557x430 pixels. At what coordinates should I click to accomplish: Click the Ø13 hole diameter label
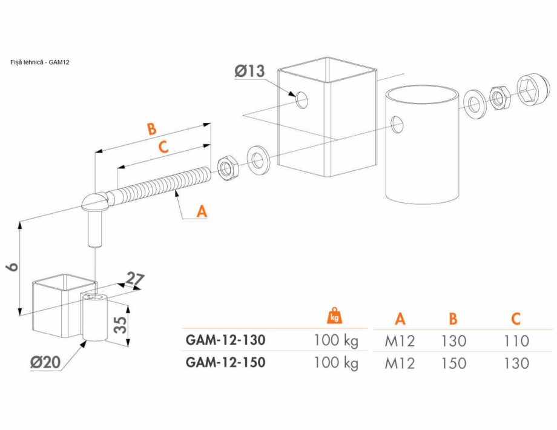pyautogui.click(x=249, y=72)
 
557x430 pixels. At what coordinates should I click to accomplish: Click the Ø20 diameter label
pyautogui.click(x=45, y=363)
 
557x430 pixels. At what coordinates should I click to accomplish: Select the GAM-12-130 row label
pyautogui.click(x=225, y=340)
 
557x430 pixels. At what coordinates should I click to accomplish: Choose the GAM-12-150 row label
pyautogui.click(x=225, y=362)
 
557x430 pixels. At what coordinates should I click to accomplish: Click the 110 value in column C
pyautogui.click(x=515, y=341)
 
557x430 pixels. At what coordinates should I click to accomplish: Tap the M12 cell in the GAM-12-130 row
pyautogui.click(x=400, y=341)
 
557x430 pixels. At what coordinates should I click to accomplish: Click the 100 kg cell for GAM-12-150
pyautogui.click(x=336, y=363)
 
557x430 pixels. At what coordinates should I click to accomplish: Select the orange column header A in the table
pyautogui.click(x=400, y=319)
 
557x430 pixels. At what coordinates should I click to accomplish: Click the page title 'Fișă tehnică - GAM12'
pyautogui.click(x=40, y=62)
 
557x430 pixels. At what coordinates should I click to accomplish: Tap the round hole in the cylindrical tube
pyautogui.click(x=397, y=124)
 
